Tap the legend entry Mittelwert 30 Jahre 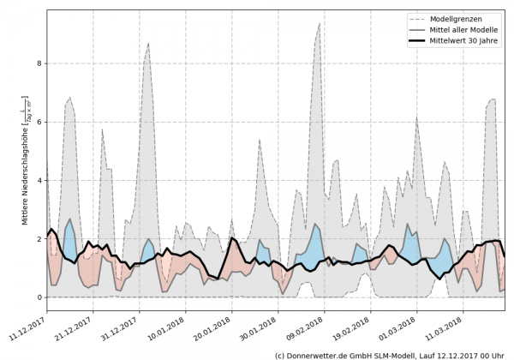pyautogui.click(x=463, y=41)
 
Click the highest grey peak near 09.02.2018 pyautogui.click(x=320, y=24)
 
